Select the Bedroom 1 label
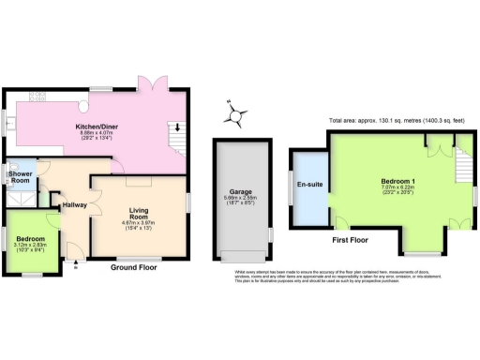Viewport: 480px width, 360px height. (x=399, y=179)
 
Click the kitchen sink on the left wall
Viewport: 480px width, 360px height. (x=9, y=116)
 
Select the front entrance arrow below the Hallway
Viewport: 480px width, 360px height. (x=74, y=265)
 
